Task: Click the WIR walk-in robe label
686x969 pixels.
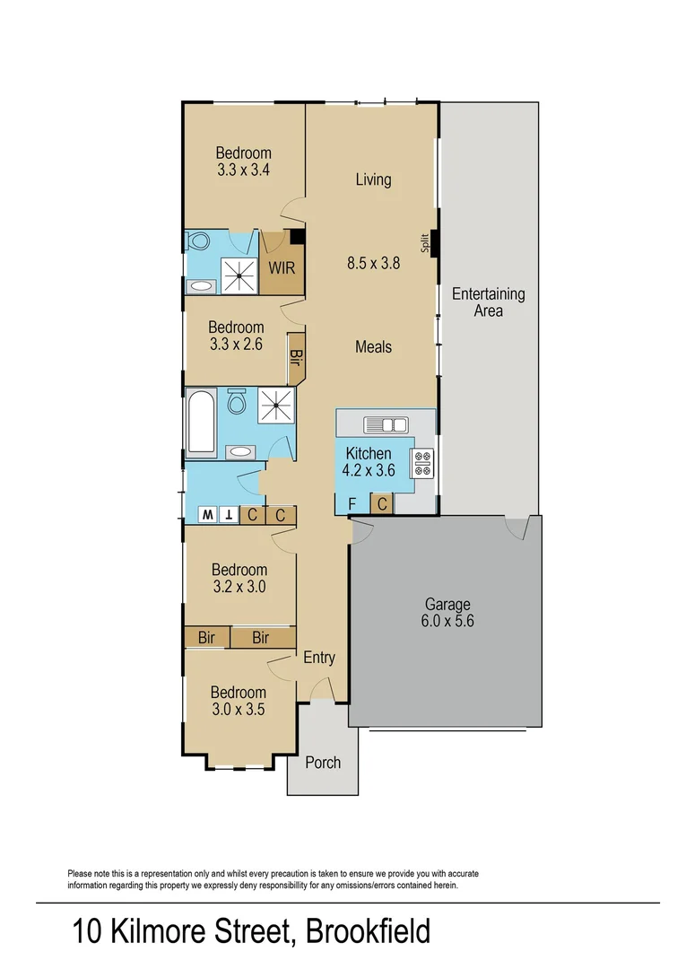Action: point(282,268)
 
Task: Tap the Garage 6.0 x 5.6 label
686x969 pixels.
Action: point(447,613)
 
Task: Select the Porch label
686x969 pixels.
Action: point(323,763)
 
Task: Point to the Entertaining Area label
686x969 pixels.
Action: point(489,302)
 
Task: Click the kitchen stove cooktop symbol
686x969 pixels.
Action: point(422,464)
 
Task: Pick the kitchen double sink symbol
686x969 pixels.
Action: point(386,425)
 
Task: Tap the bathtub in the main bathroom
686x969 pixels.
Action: point(201,423)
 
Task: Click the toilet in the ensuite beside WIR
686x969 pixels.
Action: point(199,240)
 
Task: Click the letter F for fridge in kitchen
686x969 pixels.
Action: point(352,504)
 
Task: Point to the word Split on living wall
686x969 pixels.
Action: point(425,243)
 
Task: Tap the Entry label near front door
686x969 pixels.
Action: point(319,658)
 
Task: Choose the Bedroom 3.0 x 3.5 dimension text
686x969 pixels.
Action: point(239,710)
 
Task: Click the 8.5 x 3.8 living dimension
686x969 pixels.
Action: point(374,263)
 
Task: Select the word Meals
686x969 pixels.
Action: point(374,347)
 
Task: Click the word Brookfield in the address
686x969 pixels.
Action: point(368,931)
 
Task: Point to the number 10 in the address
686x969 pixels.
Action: point(86,931)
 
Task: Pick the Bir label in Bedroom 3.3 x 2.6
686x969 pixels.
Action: point(296,357)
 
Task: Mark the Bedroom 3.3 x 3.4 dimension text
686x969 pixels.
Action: point(243,170)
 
